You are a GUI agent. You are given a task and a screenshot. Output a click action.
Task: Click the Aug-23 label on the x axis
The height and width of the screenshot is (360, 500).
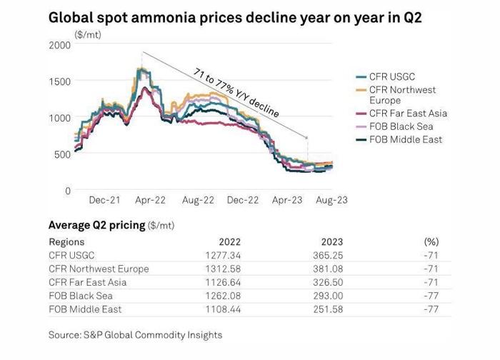click(x=331, y=201)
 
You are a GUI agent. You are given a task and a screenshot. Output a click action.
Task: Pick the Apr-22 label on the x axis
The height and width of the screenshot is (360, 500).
click(x=150, y=201)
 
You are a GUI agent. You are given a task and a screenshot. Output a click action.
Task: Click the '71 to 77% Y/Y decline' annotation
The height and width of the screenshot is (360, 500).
click(x=236, y=92)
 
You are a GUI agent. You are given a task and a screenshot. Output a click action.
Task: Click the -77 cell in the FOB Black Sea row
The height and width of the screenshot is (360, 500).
click(x=431, y=296)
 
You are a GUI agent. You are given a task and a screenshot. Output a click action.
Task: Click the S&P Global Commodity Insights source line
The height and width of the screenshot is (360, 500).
click(x=135, y=334)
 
